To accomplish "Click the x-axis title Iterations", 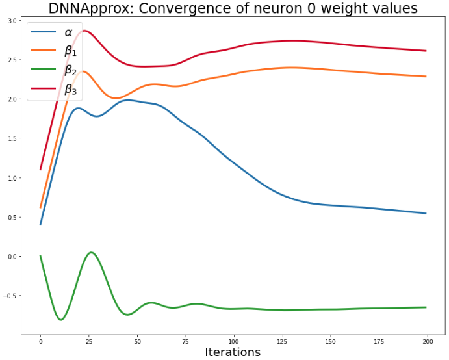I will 233,352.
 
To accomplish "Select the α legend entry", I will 68,32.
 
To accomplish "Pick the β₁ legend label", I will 70,51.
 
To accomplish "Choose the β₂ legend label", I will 70,71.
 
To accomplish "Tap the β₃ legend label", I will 70,90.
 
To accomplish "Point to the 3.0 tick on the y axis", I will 12,21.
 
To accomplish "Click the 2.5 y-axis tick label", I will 12,60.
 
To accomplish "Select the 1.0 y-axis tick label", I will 12,178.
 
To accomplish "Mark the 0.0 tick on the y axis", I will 12,257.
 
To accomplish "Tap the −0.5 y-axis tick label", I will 11,296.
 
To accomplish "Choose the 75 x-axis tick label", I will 186,340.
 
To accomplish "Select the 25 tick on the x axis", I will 89,340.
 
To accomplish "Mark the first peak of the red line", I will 84,31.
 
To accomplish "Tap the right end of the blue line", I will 426,213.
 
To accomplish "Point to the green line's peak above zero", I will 91,252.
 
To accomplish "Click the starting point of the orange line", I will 40,207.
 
